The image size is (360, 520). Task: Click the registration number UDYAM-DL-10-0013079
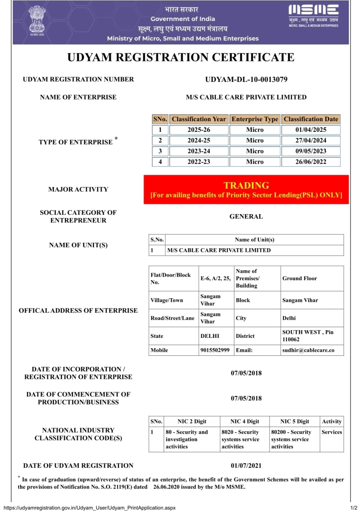[246, 79]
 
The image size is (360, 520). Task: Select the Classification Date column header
[311, 119]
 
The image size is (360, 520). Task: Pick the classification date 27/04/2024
[311, 140]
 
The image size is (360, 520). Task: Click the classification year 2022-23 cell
[199, 162]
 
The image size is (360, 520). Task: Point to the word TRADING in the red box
[246, 185]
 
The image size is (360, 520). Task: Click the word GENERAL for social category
[246, 217]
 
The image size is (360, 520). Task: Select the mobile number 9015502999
[215, 350]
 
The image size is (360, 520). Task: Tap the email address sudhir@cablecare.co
[308, 350]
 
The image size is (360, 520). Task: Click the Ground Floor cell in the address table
[300, 278]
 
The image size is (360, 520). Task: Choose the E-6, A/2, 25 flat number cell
[216, 278]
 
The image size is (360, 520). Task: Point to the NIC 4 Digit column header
[245, 422]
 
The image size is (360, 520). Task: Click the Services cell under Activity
[332, 432]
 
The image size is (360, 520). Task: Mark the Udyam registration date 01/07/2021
[246, 466]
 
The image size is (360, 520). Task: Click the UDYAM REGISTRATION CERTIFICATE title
[181, 57]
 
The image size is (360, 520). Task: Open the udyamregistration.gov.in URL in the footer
[90, 508]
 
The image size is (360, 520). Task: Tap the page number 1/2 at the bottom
[353, 508]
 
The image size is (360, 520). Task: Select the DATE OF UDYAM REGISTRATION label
[78, 466]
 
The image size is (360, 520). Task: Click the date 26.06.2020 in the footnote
[167, 487]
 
